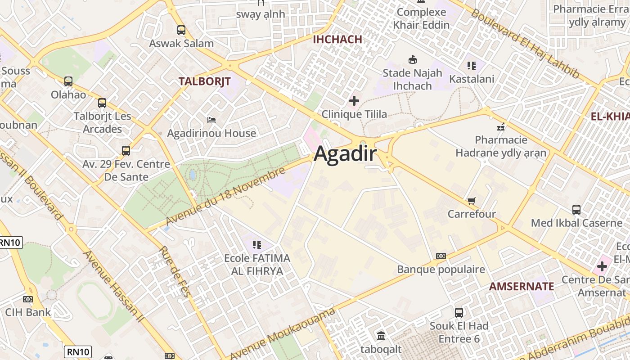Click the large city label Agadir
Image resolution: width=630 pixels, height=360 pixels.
345,154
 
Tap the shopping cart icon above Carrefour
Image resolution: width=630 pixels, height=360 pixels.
471,201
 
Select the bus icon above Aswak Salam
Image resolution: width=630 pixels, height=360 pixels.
181,30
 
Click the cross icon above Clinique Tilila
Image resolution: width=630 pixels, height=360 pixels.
354,100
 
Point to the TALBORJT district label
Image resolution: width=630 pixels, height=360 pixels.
204,81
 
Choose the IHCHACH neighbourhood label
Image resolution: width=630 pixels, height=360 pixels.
337,39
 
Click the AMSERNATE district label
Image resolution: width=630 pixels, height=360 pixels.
522,286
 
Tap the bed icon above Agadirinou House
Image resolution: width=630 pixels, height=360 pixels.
211,120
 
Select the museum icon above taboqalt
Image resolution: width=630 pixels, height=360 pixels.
381,335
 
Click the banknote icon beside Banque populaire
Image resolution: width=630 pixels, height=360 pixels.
441,256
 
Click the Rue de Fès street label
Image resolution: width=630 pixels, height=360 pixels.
175,271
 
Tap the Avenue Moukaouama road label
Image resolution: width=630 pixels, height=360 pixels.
283,333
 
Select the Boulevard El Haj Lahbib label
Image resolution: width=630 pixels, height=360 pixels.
525,43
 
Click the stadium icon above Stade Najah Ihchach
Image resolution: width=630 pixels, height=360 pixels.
412,59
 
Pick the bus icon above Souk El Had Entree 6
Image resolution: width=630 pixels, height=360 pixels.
459,312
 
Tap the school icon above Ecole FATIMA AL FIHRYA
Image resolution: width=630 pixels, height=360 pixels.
257,245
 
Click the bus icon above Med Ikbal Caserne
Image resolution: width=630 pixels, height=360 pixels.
576,209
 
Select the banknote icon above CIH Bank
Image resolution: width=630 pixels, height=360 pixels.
28,299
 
